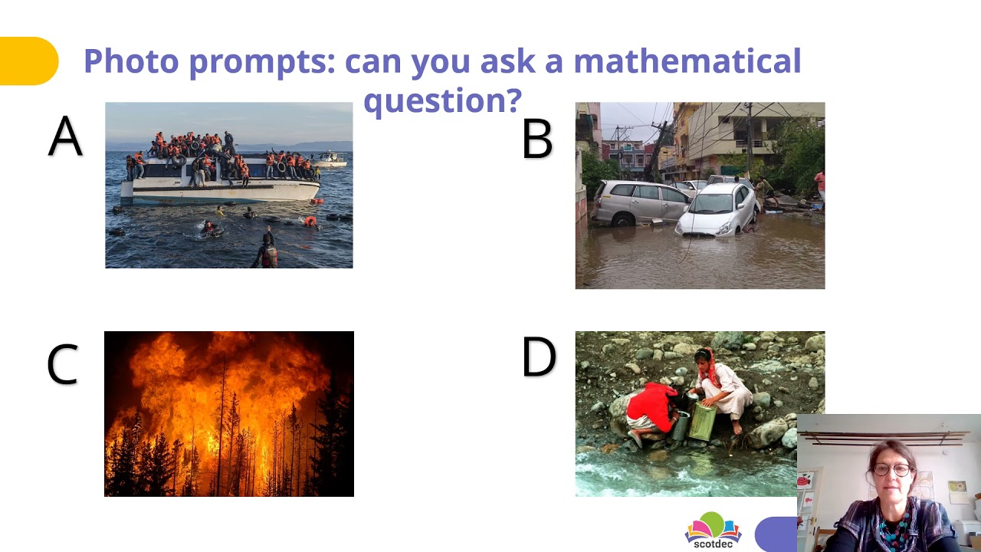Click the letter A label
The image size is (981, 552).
65,136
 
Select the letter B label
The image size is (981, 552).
536,139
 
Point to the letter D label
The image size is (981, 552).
538,356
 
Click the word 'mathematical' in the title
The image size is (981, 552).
687,61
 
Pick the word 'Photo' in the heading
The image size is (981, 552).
131,61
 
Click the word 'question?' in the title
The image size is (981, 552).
442,100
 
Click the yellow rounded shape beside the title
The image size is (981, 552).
28,61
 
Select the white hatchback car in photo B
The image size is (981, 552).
717,209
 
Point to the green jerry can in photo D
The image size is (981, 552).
701,422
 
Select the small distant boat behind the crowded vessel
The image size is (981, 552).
330,159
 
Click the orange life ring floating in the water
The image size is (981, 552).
310,222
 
